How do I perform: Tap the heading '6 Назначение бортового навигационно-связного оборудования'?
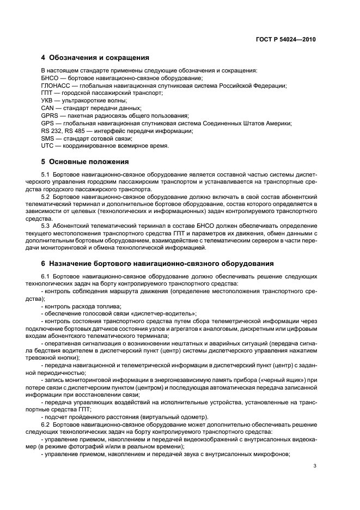[157, 264]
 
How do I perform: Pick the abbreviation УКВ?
[48, 101]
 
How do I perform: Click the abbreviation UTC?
[47, 146]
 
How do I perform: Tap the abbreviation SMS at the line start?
[48, 138]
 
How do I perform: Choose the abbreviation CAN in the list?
[48, 108]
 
